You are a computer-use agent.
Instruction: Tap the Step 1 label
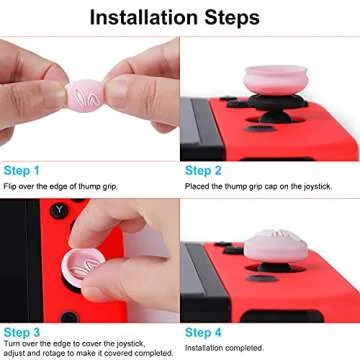click(22, 171)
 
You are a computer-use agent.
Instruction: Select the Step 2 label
click(205, 171)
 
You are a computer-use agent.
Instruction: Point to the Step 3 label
click(22, 331)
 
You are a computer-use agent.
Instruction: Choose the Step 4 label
click(205, 331)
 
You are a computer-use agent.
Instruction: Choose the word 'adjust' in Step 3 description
click(15, 353)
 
